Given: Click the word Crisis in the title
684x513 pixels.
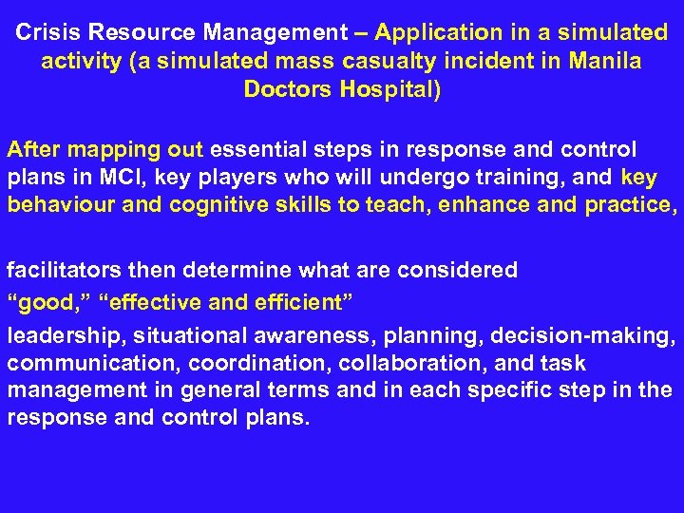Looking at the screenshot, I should tap(47, 33).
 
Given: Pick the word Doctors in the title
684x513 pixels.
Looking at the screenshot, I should tap(283, 90).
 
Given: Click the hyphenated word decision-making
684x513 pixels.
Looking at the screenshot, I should tap(592, 335).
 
